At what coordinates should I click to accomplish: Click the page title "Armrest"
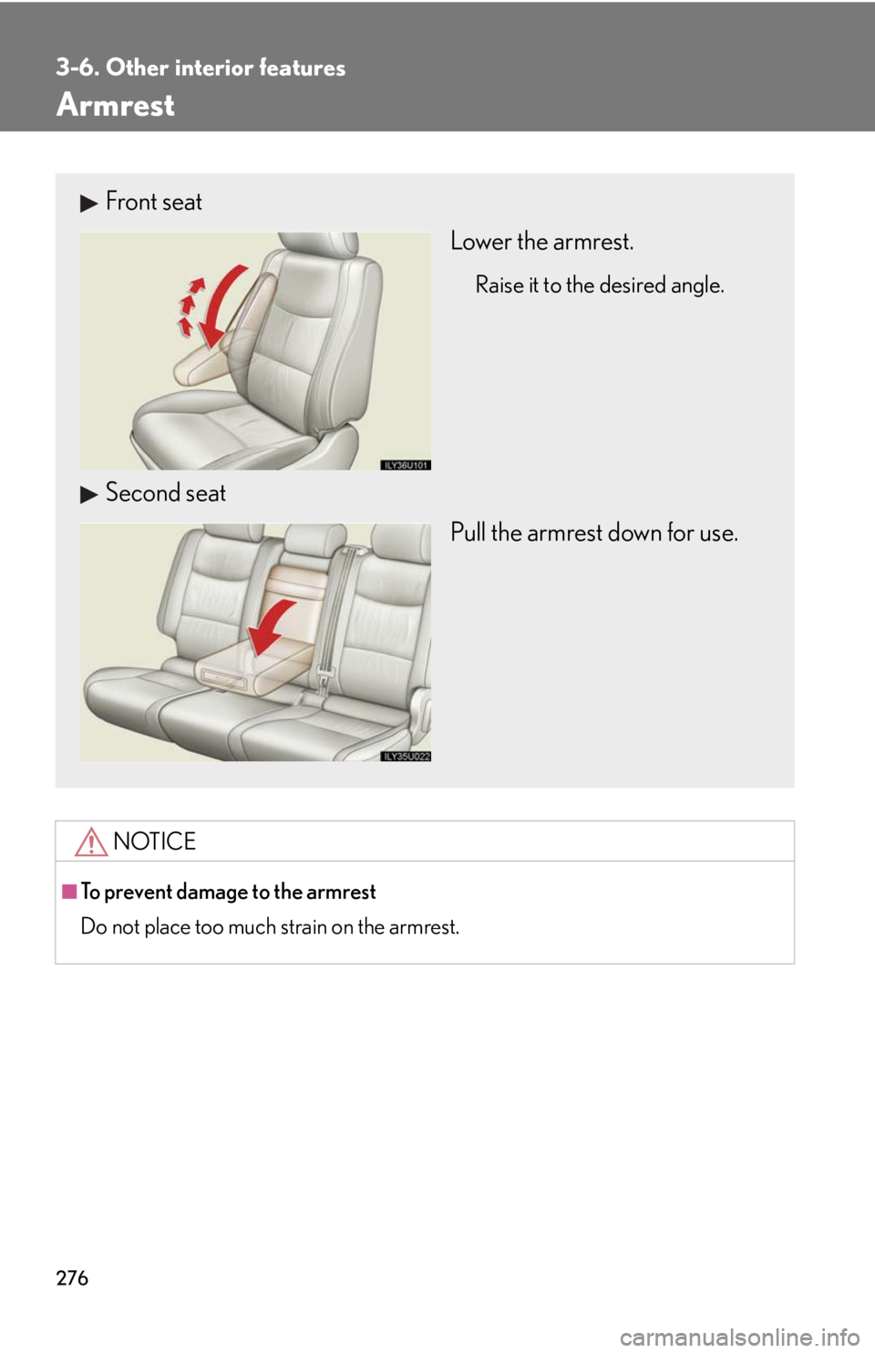pos(116,105)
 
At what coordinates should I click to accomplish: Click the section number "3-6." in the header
pos(77,67)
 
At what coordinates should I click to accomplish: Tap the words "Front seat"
pos(154,201)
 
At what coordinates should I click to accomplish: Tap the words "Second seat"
pos(166,493)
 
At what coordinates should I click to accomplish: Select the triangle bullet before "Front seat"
pos(88,203)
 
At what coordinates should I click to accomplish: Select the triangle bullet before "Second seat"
pos(88,495)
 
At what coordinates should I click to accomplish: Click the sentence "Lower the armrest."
pos(541,242)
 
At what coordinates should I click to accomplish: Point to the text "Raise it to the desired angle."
pos(600,285)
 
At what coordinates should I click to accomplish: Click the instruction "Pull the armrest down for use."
pos(593,532)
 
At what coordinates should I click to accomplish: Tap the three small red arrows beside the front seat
pos(187,305)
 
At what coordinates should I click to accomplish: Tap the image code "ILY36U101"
pos(406,465)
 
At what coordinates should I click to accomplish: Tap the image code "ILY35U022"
pos(406,756)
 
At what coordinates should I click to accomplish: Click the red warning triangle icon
pos(92,841)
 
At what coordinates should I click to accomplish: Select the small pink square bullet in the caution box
pos(69,891)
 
